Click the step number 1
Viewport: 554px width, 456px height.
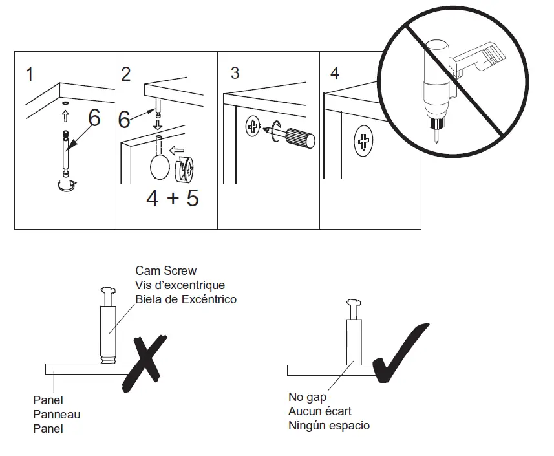tap(30, 74)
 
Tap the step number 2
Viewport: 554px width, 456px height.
tap(126, 74)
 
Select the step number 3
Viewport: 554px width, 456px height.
tap(235, 73)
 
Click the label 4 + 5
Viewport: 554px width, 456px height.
tap(172, 198)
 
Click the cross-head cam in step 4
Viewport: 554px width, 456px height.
tap(365, 142)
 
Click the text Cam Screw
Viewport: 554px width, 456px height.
tap(165, 270)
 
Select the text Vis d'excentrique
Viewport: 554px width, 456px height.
tap(180, 285)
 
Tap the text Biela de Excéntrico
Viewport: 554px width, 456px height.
tap(186, 299)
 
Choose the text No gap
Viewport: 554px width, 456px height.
tap(308, 397)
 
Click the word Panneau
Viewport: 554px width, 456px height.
tap(56, 415)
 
